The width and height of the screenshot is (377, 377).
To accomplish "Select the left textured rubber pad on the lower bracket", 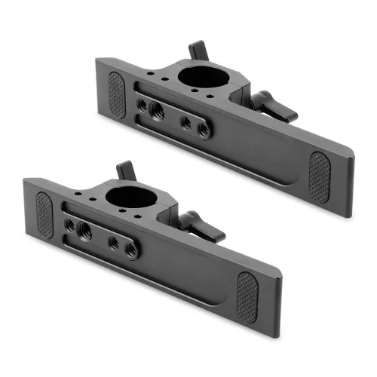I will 44,215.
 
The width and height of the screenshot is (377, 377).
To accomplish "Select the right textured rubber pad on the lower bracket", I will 247,297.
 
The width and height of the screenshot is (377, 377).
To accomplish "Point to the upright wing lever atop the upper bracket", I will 198,51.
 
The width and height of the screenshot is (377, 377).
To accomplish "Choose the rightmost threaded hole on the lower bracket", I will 131,250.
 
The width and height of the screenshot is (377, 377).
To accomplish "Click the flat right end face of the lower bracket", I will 280,312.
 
